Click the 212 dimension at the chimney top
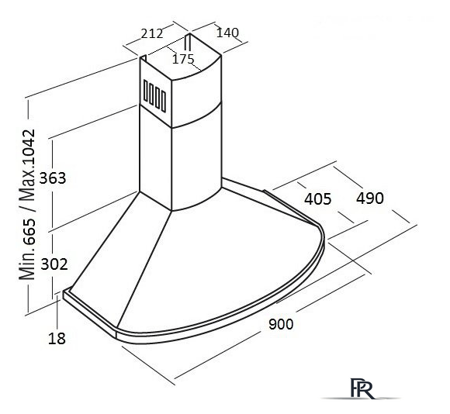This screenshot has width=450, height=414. (x=152, y=33)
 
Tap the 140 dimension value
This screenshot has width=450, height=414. (x=227, y=33)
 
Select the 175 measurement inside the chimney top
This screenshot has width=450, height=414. (x=183, y=59)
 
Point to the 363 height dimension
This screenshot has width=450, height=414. (x=53, y=178)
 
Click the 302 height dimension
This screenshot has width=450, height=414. (x=54, y=264)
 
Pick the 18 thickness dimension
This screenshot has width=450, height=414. (x=57, y=339)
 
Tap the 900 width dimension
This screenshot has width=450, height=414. (x=281, y=324)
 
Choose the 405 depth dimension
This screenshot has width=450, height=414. (x=317, y=198)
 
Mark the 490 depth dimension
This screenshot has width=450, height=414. (x=370, y=198)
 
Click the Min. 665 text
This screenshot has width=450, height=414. (x=27, y=249)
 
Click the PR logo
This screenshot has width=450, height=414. (x=362, y=388)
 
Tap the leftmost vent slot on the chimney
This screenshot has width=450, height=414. (x=146, y=91)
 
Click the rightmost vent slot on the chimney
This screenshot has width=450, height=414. (x=163, y=102)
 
